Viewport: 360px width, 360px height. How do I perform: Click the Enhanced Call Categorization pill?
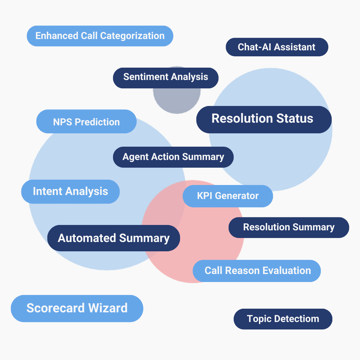click(x=100, y=36)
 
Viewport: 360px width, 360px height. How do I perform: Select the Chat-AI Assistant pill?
click(x=277, y=47)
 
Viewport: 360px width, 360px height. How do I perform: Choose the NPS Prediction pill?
click(x=86, y=122)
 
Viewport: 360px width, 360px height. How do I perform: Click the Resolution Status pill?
click(x=264, y=119)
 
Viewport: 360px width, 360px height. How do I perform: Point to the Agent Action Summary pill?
click(x=173, y=157)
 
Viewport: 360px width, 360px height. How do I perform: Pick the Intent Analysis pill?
click(x=70, y=191)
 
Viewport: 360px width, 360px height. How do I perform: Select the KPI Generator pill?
click(x=228, y=196)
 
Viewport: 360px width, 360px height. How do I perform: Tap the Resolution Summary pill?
click(x=289, y=227)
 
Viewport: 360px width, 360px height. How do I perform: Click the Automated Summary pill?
click(x=114, y=238)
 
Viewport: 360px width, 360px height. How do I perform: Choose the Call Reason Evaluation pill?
click(x=257, y=271)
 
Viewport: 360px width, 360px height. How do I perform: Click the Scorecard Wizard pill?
click(x=77, y=308)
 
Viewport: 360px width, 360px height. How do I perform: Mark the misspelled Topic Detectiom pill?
click(x=283, y=319)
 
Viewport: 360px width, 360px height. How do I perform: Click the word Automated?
click(x=87, y=238)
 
